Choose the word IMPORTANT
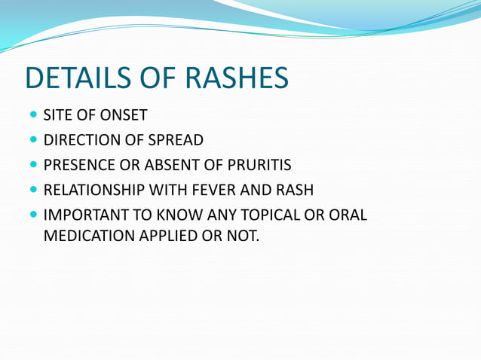coord(83,215)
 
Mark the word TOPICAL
coord(273,215)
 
